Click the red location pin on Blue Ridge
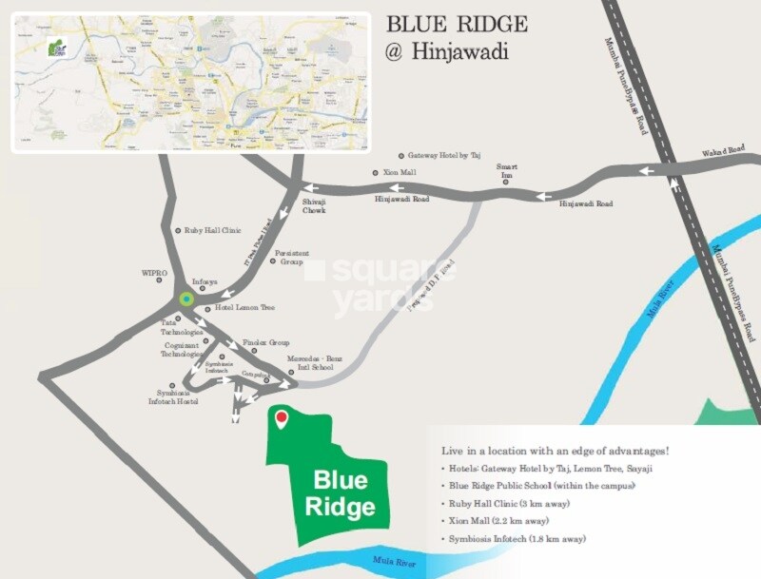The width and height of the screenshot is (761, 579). [x=281, y=418]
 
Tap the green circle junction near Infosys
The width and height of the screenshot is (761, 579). [x=186, y=299]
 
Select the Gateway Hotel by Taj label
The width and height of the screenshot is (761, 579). [x=444, y=155]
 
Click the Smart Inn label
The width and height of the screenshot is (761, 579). [x=505, y=171]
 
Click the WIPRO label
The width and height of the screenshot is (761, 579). [x=154, y=273]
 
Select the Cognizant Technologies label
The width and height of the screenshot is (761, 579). [x=182, y=349]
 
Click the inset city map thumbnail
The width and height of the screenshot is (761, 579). [x=189, y=82]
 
